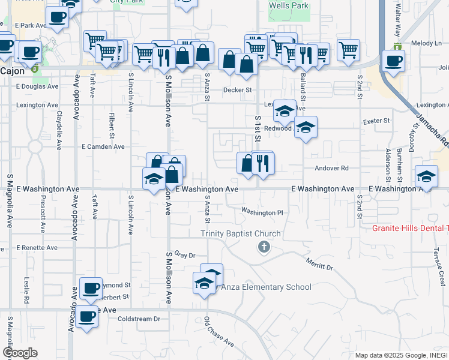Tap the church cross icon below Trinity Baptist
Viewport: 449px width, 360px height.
click(263, 247)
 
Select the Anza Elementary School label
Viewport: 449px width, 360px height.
click(267, 287)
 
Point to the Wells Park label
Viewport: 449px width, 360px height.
click(289, 6)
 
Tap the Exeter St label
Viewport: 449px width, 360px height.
click(376, 121)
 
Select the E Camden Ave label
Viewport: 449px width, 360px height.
click(103, 146)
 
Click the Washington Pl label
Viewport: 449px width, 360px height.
click(262, 212)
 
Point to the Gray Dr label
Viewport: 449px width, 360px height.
click(185, 255)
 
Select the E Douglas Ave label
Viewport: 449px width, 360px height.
click(37, 86)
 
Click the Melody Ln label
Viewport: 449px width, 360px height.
click(426, 43)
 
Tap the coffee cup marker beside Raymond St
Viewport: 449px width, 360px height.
click(91, 289)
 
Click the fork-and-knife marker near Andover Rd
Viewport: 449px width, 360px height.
click(262, 163)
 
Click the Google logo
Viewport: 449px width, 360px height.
click(20, 353)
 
